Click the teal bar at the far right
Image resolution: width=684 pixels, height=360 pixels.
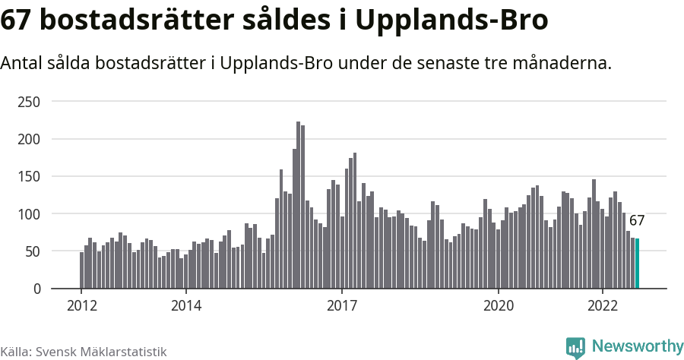click(x=637, y=264)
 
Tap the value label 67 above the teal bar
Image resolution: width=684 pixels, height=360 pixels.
click(x=637, y=221)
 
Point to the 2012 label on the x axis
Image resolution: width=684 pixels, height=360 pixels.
click(x=81, y=305)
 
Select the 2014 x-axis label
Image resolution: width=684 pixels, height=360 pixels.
click(x=185, y=305)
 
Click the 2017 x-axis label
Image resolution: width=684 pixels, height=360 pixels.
click(x=342, y=305)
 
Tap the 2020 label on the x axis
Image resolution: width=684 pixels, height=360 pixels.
click(x=499, y=305)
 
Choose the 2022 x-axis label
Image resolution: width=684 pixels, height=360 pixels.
click(x=603, y=305)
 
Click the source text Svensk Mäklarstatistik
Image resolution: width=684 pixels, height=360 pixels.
click(x=100, y=352)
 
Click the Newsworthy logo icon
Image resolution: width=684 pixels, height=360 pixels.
click(x=575, y=347)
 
